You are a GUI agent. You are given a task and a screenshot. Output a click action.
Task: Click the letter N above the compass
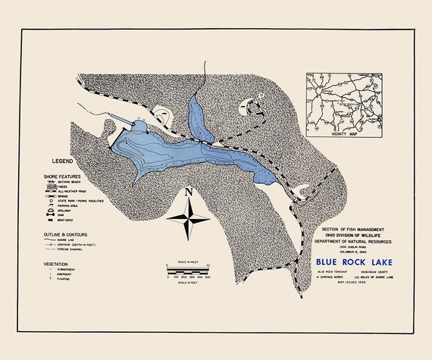click(x=188, y=192)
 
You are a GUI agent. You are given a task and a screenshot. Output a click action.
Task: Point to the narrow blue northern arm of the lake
click(x=196, y=114)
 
